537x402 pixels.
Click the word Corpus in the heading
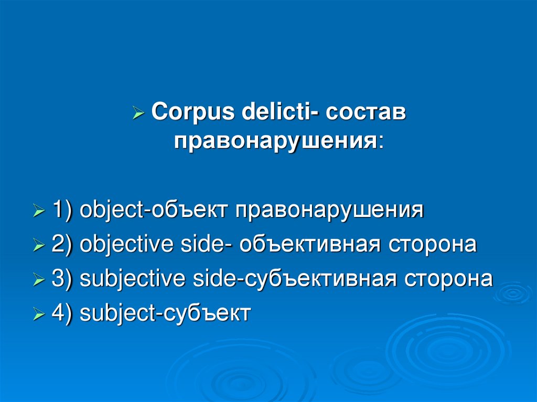click(x=193, y=112)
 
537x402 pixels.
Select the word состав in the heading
click(x=366, y=112)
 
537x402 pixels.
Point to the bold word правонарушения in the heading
click(x=276, y=141)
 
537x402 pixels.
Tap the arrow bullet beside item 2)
click(x=39, y=245)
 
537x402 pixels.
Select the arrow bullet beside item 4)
click(x=39, y=313)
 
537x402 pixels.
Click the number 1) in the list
click(x=62, y=210)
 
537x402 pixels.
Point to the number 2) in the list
click(x=62, y=244)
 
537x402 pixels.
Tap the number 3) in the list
click(x=62, y=278)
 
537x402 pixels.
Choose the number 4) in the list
click(x=62, y=312)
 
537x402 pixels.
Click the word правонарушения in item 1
click(x=329, y=210)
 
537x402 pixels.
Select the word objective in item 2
click(x=126, y=244)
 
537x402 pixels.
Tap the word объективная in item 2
click(x=309, y=244)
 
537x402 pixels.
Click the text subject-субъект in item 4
click(x=165, y=312)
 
